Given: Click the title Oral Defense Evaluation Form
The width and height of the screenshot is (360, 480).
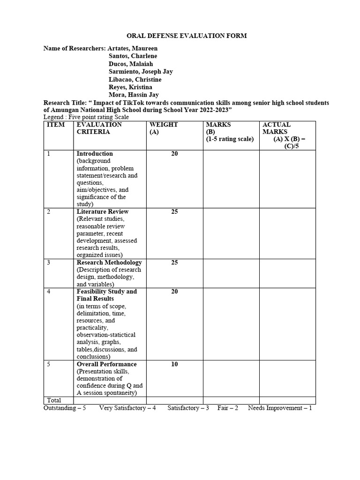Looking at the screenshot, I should click(180, 36).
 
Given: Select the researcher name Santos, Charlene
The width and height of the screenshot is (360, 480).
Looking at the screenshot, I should click(134, 56).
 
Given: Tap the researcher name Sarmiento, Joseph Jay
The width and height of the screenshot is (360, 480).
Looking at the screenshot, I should click(141, 71).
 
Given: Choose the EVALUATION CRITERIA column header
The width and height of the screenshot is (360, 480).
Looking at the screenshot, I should click(99, 128).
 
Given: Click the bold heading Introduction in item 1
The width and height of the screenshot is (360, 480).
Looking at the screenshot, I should click(95, 154).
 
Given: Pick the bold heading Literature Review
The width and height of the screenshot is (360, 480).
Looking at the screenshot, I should click(102, 211).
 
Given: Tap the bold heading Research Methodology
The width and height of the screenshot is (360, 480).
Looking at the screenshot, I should click(109, 262).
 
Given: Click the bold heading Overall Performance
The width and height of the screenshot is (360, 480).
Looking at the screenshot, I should click(106, 364).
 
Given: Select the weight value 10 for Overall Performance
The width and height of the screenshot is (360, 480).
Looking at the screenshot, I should click(174, 364).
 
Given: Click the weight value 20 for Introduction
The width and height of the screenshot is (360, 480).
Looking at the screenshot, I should click(174, 154).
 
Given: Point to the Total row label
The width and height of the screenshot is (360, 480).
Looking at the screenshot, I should click(54, 400).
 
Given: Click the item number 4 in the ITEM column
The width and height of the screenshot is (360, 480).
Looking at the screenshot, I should click(49, 292).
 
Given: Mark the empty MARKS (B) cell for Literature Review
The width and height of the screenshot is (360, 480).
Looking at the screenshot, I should click(231, 232).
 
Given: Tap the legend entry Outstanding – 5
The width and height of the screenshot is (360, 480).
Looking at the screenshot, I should click(65, 408).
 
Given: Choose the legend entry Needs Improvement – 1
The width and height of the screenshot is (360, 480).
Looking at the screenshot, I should click(280, 408).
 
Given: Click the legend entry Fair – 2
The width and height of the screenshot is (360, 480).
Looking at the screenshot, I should click(227, 408).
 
